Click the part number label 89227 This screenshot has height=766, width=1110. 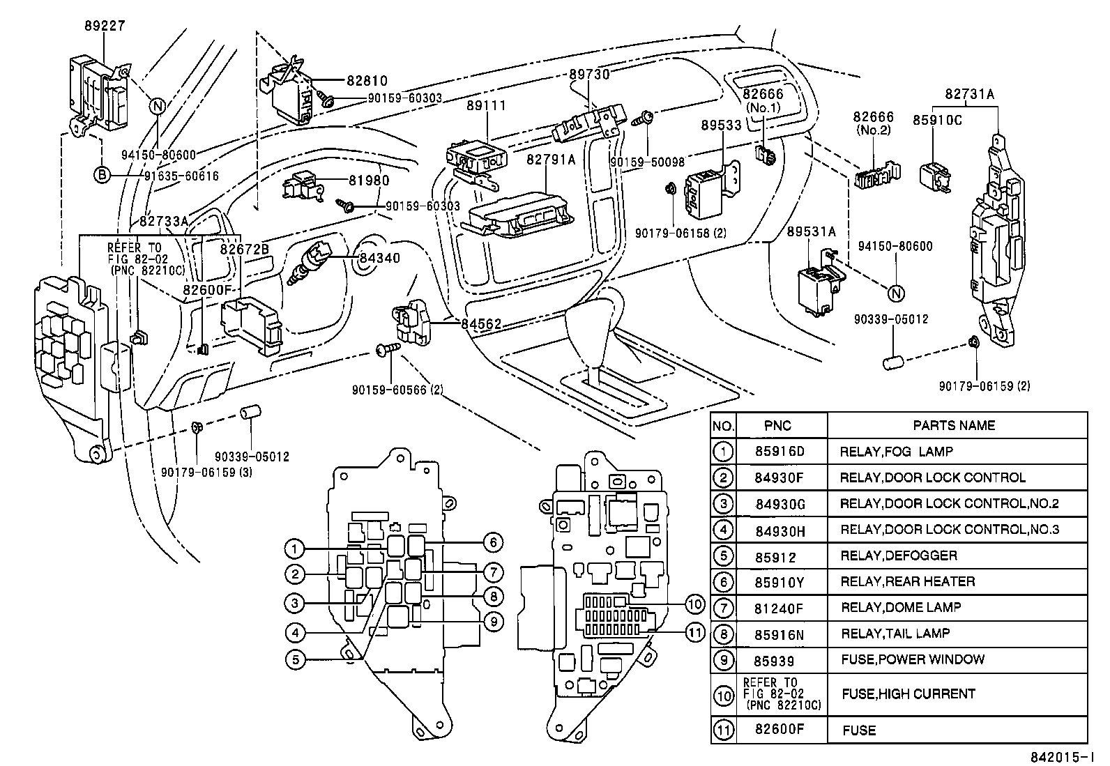105,26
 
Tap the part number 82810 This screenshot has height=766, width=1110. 367,81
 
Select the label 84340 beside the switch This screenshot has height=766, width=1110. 379,258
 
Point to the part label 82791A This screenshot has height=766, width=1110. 551,160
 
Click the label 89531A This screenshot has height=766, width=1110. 811,231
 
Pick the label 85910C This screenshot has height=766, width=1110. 938,121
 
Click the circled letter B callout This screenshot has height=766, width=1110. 102,175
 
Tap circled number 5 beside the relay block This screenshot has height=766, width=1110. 296,659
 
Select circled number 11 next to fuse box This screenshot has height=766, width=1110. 694,633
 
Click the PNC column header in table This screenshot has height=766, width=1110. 777,426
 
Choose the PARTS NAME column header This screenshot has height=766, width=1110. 954,425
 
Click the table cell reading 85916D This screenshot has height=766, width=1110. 780,452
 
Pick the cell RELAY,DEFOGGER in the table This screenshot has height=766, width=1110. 899,556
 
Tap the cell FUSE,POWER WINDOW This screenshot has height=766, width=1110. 913,659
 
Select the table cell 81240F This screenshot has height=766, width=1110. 779,608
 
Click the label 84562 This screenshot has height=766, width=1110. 481,323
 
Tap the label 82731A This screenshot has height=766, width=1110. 969,93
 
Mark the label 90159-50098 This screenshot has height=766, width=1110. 647,162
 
